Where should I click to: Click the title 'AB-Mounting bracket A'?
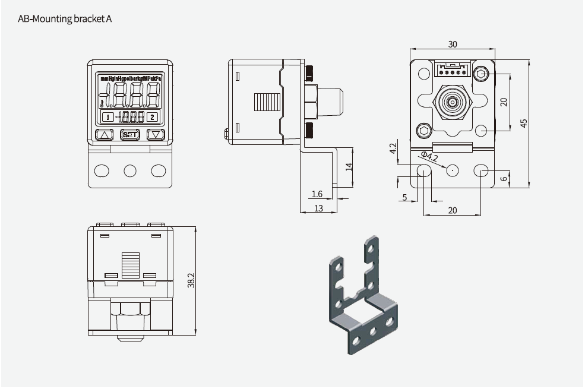65,18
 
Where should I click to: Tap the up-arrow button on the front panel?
105,135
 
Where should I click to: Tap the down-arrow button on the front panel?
156,135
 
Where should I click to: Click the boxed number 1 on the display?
107,117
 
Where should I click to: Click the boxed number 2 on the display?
153,117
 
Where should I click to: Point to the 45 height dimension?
523,123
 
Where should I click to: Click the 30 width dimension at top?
453,45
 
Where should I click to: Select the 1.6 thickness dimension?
317,194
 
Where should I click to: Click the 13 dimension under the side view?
318,208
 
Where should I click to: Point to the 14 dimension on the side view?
349,167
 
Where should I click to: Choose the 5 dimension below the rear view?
405,197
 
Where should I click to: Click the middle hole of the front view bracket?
130,171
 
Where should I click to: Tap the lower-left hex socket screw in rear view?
423,130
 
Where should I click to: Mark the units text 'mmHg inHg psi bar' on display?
131,78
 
